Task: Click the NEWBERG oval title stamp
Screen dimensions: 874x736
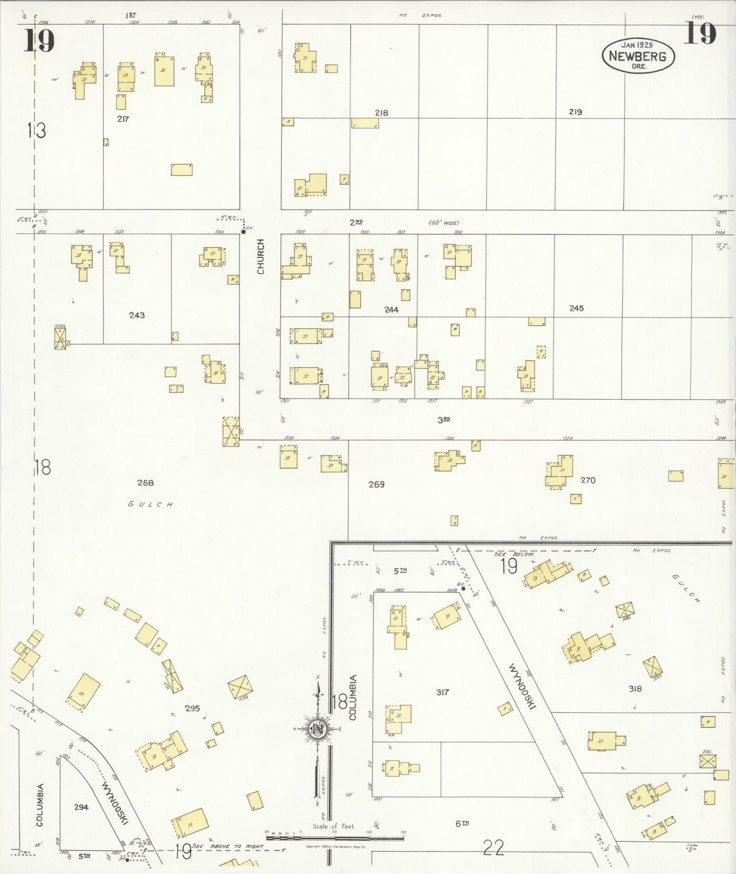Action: [638, 56]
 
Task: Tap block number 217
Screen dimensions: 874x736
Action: [123, 119]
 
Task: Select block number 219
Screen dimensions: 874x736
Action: [576, 112]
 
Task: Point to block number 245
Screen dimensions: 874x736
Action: [577, 308]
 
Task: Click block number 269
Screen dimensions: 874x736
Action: [376, 484]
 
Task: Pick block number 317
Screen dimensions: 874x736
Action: [443, 692]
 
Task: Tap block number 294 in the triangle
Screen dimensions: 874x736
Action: [81, 807]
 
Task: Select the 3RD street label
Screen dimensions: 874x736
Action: [444, 420]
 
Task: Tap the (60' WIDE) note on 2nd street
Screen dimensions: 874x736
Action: [443, 223]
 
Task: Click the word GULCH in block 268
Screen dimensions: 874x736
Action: [151, 504]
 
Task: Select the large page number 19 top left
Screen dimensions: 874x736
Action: [39, 41]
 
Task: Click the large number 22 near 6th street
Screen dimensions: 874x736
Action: [494, 848]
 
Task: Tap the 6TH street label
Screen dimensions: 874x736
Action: [462, 823]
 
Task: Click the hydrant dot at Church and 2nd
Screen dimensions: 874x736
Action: [243, 232]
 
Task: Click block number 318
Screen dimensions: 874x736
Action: [635, 688]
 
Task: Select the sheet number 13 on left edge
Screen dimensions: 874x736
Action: [37, 131]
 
